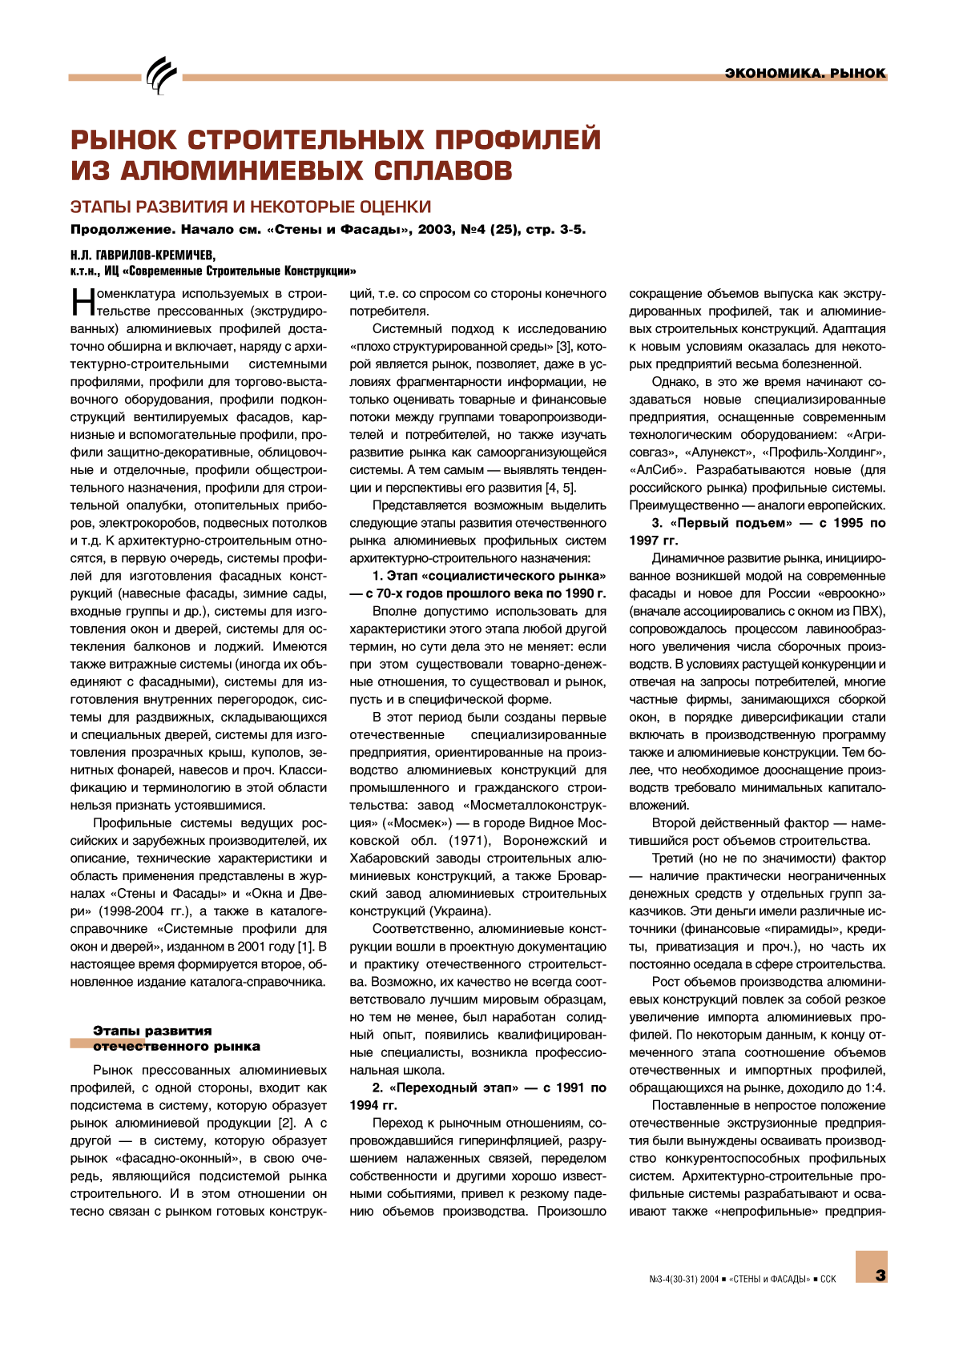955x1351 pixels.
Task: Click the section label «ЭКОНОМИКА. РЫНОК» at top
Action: [804, 73]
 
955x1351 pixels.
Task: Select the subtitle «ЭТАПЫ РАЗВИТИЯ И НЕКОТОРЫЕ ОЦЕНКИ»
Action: [251, 207]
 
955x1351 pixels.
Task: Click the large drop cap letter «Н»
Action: [83, 302]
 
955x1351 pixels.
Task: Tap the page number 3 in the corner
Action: [880, 1275]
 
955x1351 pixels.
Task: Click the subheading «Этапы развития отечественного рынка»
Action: [176, 1039]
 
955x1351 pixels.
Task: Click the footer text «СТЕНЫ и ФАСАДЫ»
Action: [769, 1279]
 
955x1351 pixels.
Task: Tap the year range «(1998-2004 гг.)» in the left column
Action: [143, 911]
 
